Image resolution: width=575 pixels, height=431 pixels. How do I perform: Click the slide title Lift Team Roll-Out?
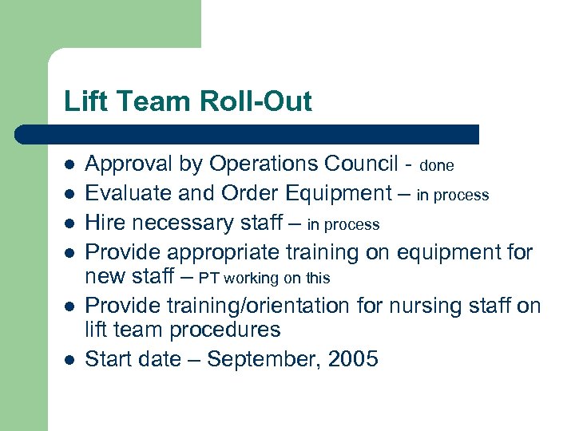(x=188, y=102)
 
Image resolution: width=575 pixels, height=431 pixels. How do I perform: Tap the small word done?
(x=437, y=166)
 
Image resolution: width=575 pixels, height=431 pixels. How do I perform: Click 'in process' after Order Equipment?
(x=453, y=196)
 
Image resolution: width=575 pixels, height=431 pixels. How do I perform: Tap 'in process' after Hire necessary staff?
(x=343, y=225)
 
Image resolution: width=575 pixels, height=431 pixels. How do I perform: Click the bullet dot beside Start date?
(x=69, y=360)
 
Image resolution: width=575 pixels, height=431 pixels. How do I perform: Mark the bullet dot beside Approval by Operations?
(x=69, y=165)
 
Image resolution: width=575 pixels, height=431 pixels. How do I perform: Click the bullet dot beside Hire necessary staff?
(x=69, y=223)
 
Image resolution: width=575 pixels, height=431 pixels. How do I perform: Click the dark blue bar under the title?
(x=248, y=134)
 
